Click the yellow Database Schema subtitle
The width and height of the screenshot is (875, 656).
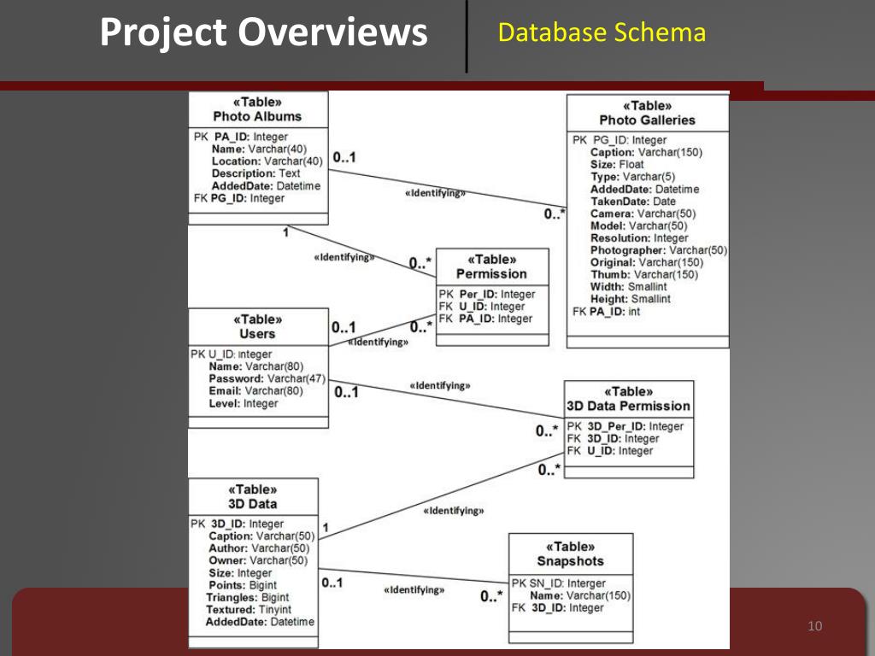point(602,33)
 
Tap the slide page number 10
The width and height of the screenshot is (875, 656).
point(813,627)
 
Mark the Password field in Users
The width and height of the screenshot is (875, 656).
point(257,378)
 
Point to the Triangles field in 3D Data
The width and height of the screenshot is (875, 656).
point(247,598)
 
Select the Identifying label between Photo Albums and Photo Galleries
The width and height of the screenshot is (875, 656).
point(435,193)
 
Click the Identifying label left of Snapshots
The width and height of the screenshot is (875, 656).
point(414,589)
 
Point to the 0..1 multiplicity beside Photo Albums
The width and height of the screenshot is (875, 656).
point(344,158)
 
